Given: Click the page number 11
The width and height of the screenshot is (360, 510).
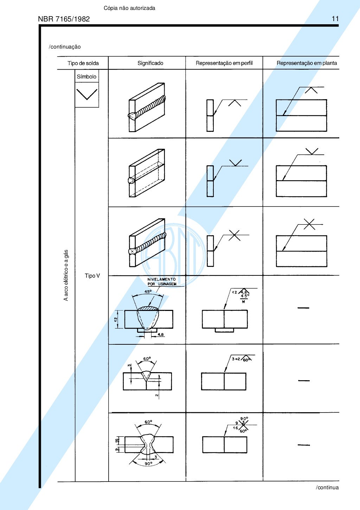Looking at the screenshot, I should tap(335, 19).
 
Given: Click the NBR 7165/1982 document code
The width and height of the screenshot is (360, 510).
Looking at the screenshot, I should tap(64, 19).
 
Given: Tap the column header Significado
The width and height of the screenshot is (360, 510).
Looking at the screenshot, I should tap(150, 63).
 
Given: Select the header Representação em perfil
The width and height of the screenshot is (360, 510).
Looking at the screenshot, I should tap(224, 63).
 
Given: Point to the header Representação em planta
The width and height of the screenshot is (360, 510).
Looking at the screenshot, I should tap(307, 63).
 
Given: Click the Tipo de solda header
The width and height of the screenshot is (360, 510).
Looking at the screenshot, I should tap(83, 63).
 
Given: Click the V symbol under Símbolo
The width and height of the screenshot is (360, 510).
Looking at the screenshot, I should tap(87, 94).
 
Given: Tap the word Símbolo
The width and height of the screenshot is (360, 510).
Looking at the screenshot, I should tap(86, 77).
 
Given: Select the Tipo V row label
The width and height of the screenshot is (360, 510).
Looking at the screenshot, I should tap(92, 276).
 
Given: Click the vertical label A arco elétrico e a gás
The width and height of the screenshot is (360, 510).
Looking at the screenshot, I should tap(66, 275).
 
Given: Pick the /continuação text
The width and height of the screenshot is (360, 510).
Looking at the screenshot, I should tap(65, 47).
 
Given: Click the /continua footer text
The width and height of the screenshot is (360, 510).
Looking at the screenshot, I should tap(327, 487).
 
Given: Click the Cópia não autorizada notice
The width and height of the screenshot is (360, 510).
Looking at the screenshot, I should tap(129, 8).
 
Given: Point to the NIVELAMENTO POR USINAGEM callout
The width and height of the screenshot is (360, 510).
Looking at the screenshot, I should tap(162, 282).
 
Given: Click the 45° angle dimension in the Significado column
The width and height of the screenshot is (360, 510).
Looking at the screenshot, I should tap(148, 292).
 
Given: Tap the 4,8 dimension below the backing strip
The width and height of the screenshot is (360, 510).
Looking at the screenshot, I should tap(160, 334).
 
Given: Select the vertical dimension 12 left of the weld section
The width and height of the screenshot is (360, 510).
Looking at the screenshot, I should tap(116, 319).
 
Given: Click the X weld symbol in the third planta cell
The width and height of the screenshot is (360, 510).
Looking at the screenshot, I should tap(309, 224).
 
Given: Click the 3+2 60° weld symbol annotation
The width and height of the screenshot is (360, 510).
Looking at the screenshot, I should tap(241, 359).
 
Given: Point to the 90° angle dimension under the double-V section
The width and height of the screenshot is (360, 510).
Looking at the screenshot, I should tap(148, 464).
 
